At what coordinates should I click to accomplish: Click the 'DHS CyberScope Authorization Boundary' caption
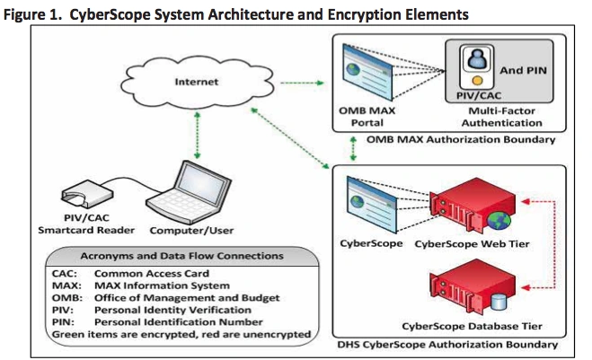(453, 344)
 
